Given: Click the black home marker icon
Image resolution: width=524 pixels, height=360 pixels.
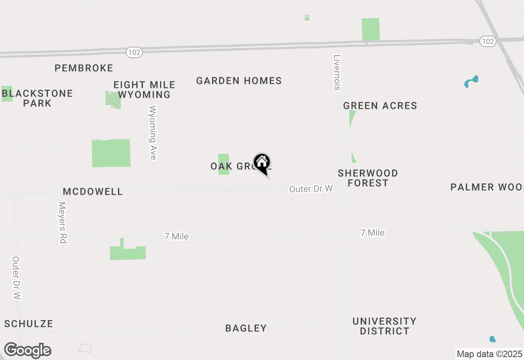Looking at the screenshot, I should pyautogui.click(x=262, y=163).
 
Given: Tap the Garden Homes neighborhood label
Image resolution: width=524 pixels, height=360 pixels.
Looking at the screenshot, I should pyautogui.click(x=239, y=81).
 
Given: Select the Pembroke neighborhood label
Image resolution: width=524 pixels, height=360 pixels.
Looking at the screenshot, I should pyautogui.click(x=84, y=68).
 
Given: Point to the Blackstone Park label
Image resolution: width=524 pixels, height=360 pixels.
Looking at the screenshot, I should pyautogui.click(x=37, y=98).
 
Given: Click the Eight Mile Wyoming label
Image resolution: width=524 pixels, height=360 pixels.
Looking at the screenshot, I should pyautogui.click(x=144, y=90).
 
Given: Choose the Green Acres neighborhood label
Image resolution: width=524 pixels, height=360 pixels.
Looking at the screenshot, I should pyautogui.click(x=380, y=106).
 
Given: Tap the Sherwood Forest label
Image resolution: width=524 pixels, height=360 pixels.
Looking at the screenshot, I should pyautogui.click(x=368, y=178).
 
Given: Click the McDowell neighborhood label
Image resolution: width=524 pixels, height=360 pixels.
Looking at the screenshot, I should pyautogui.click(x=93, y=191).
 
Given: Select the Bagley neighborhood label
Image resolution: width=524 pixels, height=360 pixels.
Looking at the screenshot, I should pyautogui.click(x=246, y=328).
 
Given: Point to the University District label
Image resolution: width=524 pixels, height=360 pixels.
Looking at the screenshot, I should pyautogui.click(x=384, y=326).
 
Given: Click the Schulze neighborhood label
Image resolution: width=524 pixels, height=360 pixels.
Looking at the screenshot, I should pyautogui.click(x=29, y=324).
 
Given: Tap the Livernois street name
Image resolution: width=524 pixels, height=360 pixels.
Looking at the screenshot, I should pyautogui.click(x=337, y=72).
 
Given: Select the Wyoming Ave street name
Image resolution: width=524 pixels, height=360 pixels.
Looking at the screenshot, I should pyautogui.click(x=153, y=133).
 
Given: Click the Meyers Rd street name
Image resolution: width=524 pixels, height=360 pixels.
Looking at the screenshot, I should pyautogui.click(x=62, y=223).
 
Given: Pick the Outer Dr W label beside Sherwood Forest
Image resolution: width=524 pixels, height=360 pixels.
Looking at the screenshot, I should pyautogui.click(x=311, y=189).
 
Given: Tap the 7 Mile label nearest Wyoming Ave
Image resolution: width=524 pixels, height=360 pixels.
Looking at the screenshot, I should pyautogui.click(x=176, y=236).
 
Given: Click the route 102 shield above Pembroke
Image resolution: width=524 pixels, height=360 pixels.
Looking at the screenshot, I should pyautogui.click(x=134, y=52).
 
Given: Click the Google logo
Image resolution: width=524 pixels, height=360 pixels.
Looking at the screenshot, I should pyautogui.click(x=27, y=350).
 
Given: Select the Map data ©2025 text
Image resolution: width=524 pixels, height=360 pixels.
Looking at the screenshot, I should pyautogui.click(x=489, y=354).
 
